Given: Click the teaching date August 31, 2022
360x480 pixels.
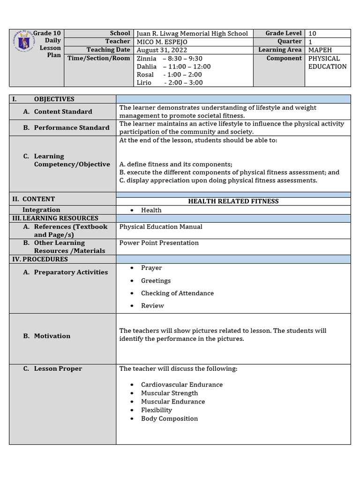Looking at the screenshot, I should click(159, 50).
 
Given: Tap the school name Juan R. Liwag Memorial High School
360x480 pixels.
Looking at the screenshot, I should click(192, 34).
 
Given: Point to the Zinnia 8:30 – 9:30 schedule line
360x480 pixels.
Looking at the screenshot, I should click(169, 59).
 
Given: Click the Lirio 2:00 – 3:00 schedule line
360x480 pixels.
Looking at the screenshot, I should click(169, 82).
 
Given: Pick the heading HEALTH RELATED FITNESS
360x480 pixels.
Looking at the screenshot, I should click(233, 201).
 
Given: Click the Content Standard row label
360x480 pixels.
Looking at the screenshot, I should click(63, 112).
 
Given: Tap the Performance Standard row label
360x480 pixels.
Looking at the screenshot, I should click(71, 127).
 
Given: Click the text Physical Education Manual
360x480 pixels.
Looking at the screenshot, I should click(161, 227).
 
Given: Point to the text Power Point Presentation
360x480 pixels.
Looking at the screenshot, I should click(159, 243).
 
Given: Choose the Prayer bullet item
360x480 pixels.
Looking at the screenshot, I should click(151, 268).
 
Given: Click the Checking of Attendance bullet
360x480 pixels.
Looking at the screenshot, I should click(177, 293).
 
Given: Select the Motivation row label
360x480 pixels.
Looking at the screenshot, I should click(52, 336).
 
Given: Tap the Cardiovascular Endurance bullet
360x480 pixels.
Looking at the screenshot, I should click(181, 385).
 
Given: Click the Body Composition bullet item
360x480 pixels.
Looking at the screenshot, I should click(169, 419).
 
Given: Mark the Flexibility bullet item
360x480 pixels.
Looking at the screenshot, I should click(157, 410).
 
